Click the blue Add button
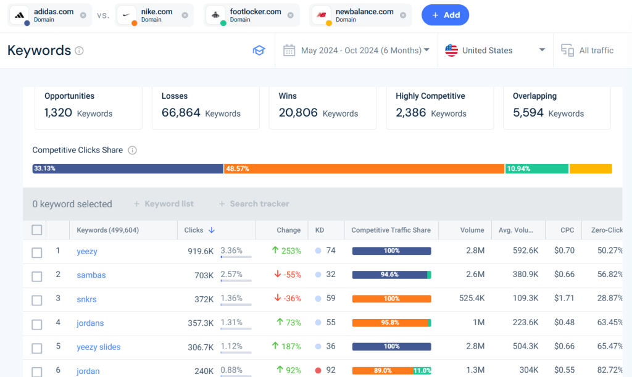[445, 15]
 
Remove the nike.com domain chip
[185, 15]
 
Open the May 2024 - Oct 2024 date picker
[356, 51]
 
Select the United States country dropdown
[495, 51]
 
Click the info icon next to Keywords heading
[79, 51]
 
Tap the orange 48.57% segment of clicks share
[364, 168]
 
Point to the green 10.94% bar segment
[536, 168]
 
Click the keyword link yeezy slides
[99, 347]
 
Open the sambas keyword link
[91, 275]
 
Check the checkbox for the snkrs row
[37, 300]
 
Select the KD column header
[320, 230]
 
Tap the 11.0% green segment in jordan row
[422, 371]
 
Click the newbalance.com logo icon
[321, 15]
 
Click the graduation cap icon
[259, 51]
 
